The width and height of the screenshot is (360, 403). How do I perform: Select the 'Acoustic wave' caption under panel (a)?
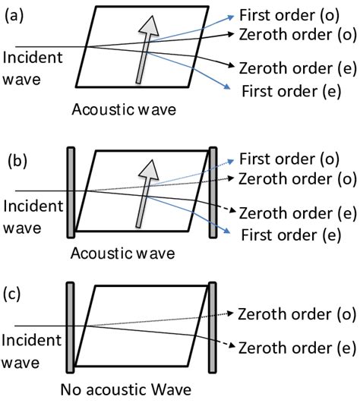pos(124,110)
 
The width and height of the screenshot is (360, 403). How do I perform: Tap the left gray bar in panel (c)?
pos(71,328)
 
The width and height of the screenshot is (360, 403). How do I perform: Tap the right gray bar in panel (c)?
pos(213,328)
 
